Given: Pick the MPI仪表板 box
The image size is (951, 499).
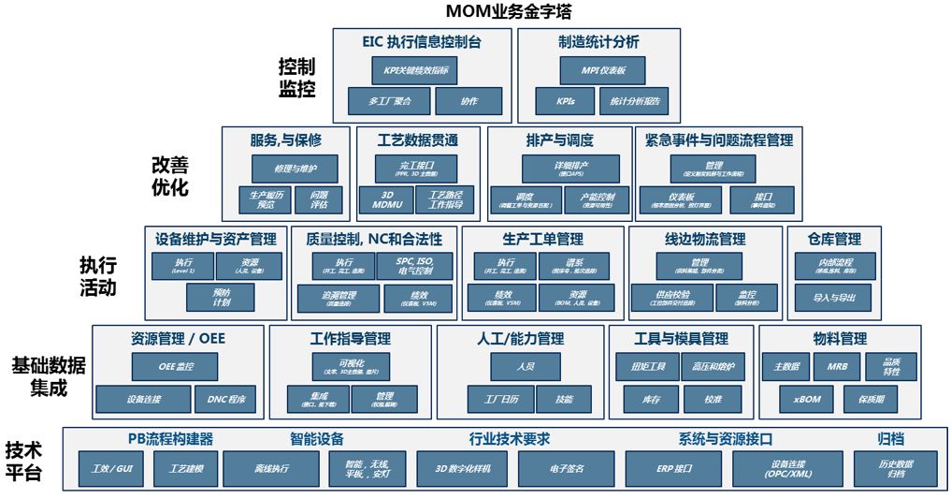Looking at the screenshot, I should click(x=605, y=70).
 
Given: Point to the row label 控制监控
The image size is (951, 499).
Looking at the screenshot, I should click(x=296, y=79).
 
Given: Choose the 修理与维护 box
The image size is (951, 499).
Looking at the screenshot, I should click(x=295, y=169).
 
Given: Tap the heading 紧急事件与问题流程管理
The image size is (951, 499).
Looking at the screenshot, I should click(x=719, y=140).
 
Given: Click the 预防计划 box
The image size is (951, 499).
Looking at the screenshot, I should click(x=222, y=297).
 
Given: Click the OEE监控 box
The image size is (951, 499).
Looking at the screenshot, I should click(x=175, y=366).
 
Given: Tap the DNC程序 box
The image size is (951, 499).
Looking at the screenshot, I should click(x=225, y=399).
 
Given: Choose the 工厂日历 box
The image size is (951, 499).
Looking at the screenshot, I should click(x=502, y=399).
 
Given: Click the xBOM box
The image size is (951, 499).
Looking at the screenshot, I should click(x=805, y=399).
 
